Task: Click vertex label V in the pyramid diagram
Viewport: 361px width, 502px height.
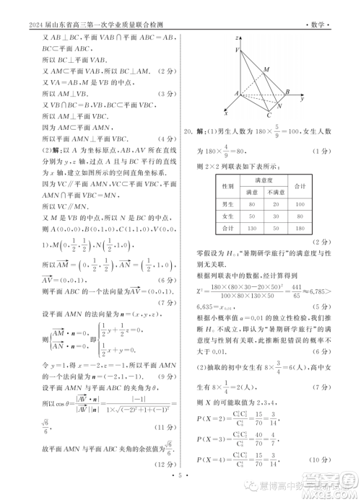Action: (238, 50)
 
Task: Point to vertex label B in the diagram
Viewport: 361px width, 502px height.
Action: (287, 93)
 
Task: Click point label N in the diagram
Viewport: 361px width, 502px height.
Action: (279, 105)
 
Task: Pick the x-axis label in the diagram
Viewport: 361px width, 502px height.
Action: (227, 113)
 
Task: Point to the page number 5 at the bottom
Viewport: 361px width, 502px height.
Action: (180, 477)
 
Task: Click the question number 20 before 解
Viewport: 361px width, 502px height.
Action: (189, 131)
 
